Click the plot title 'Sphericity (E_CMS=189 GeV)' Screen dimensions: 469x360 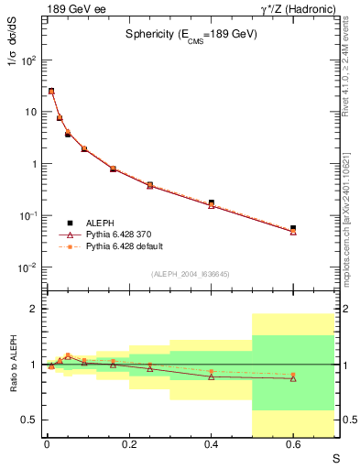pyautogui.click(x=191, y=34)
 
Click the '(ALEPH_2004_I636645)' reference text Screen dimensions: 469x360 pyautogui.click(x=191, y=274)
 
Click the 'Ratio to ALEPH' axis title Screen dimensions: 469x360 pyautogui.click(x=14, y=365)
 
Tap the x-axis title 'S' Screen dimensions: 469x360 pyautogui.click(x=335, y=457)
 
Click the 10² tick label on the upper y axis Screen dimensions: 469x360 pyautogui.click(x=29, y=60)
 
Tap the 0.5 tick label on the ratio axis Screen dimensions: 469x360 pyautogui.click(x=29, y=420)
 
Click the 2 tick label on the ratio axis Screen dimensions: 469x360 pyautogui.click(x=33, y=310)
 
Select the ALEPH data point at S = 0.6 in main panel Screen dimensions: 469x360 pyautogui.click(x=293, y=228)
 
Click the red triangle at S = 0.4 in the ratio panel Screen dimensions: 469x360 pyautogui.click(x=211, y=376)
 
